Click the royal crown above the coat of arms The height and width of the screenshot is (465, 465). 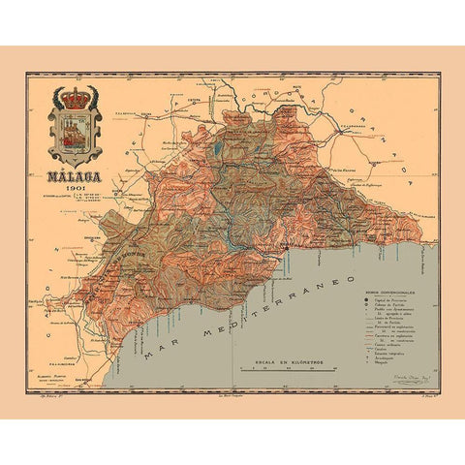point(74,98)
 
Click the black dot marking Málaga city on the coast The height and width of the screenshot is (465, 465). point(287,248)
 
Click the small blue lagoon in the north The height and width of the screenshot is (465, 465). point(217,149)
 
